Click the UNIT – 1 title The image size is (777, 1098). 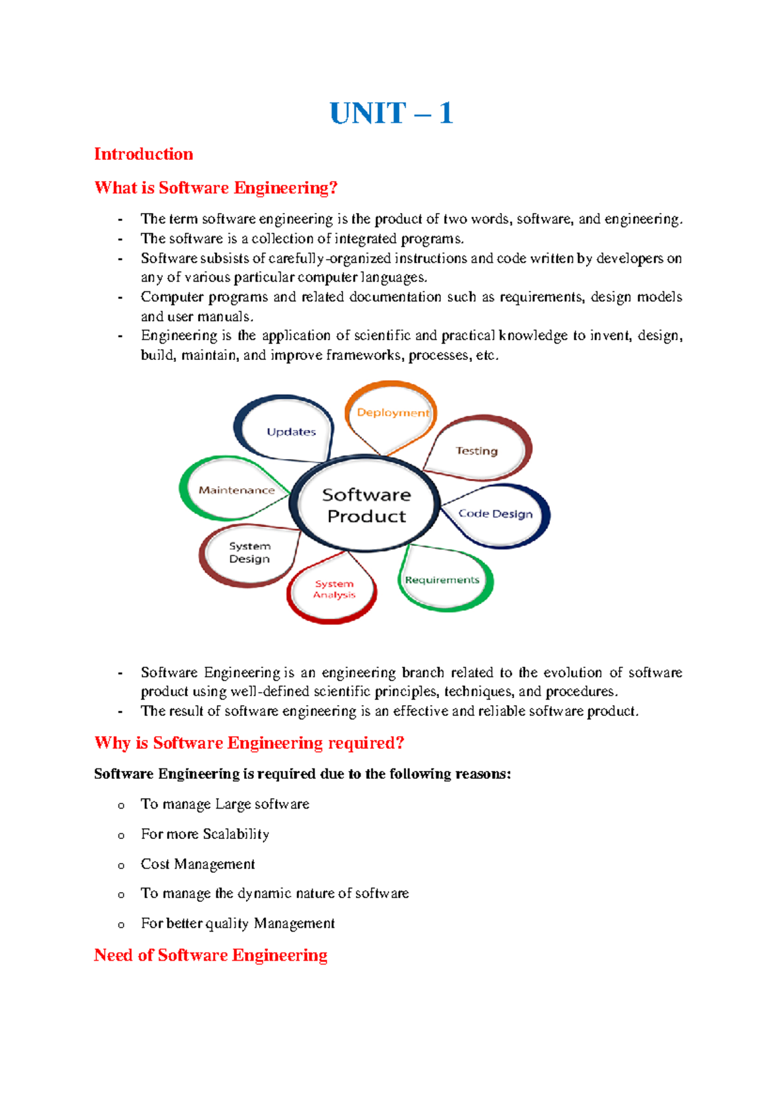(390, 113)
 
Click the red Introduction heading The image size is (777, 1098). (143, 154)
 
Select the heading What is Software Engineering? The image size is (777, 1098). (216, 188)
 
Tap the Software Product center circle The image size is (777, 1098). (366, 505)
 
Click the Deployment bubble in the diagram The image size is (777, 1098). (392, 413)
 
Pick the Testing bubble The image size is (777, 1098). (477, 451)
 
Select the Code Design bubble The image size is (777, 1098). (495, 514)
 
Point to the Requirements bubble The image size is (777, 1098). (442, 580)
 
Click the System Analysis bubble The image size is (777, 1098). (333, 589)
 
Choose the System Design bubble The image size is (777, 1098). (249, 553)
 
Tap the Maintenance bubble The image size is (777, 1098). (236, 490)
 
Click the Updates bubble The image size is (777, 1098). (291, 432)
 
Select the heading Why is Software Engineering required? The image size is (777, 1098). (249, 743)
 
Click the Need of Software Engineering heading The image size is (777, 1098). (210, 955)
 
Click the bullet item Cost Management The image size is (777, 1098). (197, 864)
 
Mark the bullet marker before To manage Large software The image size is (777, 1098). (121, 805)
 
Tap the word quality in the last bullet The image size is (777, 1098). (227, 924)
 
